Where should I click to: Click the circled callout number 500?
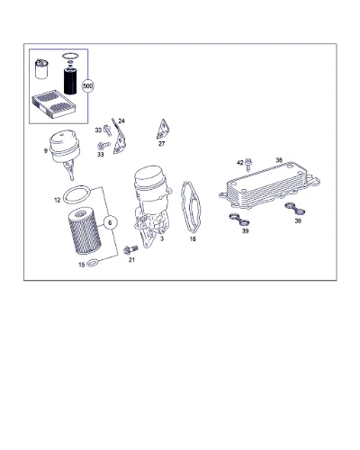[88, 86]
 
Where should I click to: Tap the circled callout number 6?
[110, 222]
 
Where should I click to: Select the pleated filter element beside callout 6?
[84, 231]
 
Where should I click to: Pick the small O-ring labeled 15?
[93, 264]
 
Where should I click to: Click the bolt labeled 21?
[130, 250]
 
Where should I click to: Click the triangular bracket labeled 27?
[162, 130]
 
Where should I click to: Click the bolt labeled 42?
[248, 164]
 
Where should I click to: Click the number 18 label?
[193, 239]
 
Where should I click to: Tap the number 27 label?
[162, 144]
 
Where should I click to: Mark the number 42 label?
[240, 163]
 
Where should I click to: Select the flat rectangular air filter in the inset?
[53, 105]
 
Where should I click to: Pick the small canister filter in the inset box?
[41, 69]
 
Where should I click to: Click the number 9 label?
[46, 151]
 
